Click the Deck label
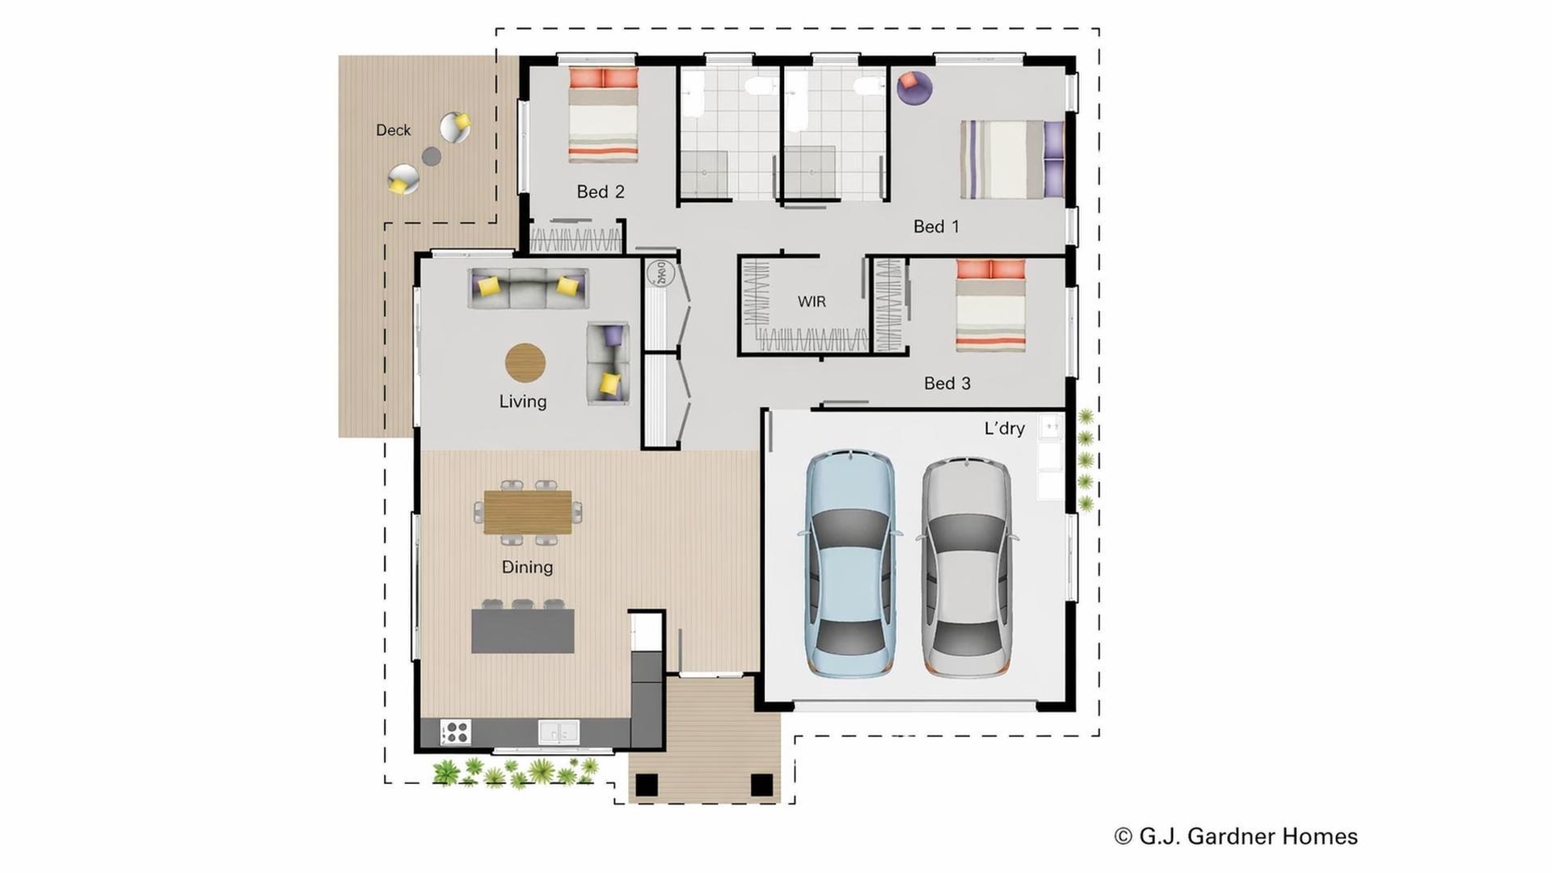tap(393, 130)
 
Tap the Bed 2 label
tap(601, 192)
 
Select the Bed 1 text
tap(936, 226)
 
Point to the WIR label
tap(812, 302)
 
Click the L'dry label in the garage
tap(1004, 428)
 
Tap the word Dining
tap(527, 567)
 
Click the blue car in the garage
tap(850, 563)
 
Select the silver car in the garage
tap(967, 567)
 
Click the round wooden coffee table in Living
tap(525, 363)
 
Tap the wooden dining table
tap(528, 512)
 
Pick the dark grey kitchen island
tap(523, 631)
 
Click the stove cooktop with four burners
tap(455, 732)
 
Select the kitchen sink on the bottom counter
tap(559, 732)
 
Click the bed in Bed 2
tap(603, 115)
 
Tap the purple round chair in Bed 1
tap(914, 87)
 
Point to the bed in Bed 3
tap(991, 305)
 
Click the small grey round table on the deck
tap(432, 156)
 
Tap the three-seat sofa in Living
tap(529, 288)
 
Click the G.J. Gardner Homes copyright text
tap(1236, 837)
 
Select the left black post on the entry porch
tap(647, 785)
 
